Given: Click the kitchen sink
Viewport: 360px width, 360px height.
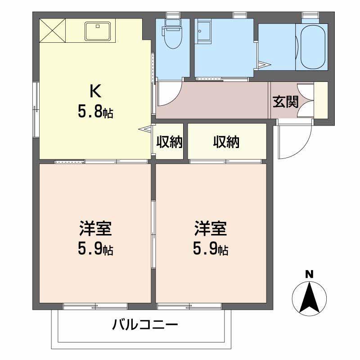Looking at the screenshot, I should coord(99,31).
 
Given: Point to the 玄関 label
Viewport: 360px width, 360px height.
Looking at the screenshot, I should coord(285,102).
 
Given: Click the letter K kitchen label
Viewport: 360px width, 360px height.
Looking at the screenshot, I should coord(95,91).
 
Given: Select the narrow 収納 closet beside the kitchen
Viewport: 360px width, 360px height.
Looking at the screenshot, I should coord(169,142).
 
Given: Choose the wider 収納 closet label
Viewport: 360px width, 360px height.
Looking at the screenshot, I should coord(226,142).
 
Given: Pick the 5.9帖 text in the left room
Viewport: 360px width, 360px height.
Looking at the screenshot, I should coord(94,248).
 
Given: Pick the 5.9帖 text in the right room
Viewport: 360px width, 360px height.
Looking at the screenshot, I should coord(210,248).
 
